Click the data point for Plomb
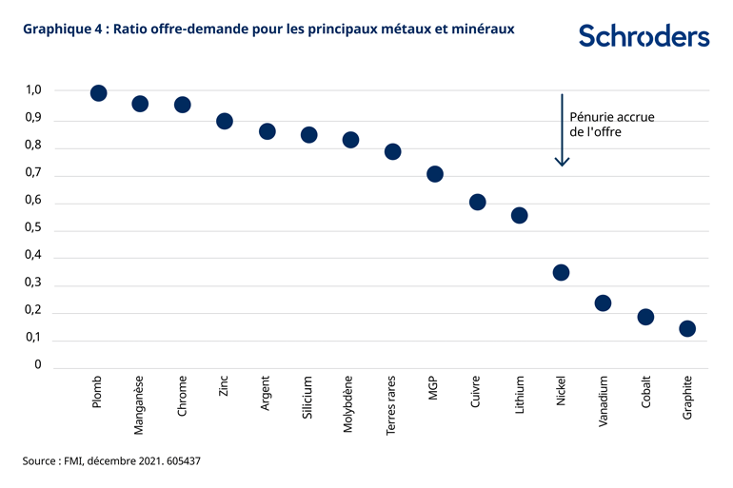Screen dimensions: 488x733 click(98, 92)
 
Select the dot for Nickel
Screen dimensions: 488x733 click(561, 272)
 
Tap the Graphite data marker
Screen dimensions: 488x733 click(687, 328)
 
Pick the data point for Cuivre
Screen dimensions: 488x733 click(478, 202)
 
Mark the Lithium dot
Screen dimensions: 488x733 click(520, 215)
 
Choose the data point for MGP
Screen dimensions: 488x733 click(435, 174)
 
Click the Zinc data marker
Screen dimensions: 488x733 click(225, 121)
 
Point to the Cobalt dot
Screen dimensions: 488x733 click(645, 317)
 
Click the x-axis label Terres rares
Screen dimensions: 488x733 click(392, 405)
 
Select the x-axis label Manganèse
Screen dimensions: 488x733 click(140, 405)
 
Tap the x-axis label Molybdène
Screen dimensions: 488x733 click(349, 404)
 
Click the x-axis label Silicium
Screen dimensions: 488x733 click(307, 400)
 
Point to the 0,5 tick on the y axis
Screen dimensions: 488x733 click(33, 229)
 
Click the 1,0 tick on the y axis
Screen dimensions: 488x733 click(33, 91)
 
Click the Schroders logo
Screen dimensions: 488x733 click(644, 36)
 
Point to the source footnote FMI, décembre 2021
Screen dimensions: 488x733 click(111, 460)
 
